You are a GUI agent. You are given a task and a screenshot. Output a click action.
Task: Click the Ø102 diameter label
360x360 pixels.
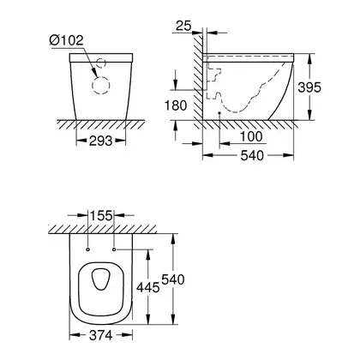[67, 40]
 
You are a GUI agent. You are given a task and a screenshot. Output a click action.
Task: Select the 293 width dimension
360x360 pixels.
[100, 141]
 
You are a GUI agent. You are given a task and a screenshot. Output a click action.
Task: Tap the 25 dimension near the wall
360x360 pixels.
[183, 26]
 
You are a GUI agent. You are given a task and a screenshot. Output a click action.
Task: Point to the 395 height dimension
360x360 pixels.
[309, 87]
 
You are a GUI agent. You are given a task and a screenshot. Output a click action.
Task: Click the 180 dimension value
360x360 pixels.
[176, 105]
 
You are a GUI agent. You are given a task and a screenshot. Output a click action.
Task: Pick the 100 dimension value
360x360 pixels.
[251, 136]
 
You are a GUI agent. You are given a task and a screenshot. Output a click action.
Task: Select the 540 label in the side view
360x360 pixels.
[252, 156]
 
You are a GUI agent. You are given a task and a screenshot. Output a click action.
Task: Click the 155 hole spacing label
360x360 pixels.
[101, 215]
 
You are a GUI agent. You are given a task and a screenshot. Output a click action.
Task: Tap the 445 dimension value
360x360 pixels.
[147, 287]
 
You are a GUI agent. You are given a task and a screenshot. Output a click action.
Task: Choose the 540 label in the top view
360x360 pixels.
[173, 279]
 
